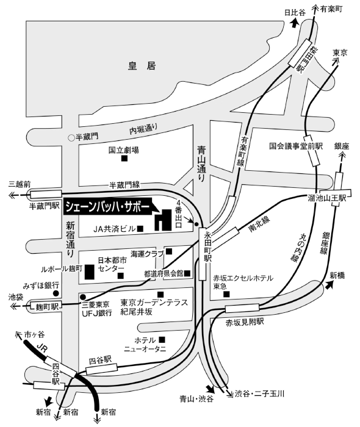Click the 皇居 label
coord(142,66)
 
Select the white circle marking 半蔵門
coord(71,138)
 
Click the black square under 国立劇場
coord(124,158)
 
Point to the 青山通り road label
coord(202,163)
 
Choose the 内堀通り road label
coord(143,129)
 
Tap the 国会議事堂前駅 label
coord(296,146)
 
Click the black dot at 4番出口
coord(196,224)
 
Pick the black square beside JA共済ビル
coord(140,229)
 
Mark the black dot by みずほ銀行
coord(56,293)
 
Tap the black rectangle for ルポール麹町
coord(90,271)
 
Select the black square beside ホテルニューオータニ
coord(162,339)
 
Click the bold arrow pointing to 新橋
coord(328,285)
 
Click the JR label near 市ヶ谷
coord(41,348)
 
